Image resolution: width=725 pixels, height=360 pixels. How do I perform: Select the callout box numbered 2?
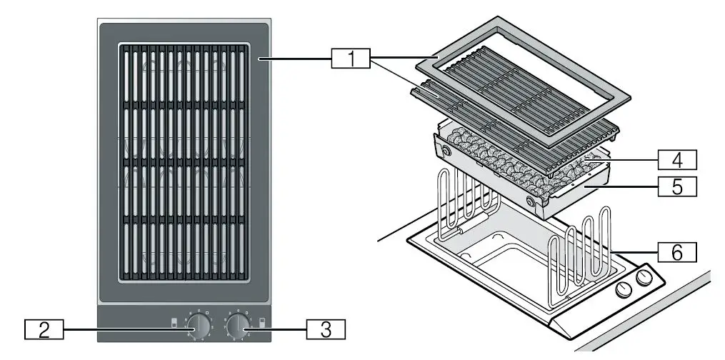click(44, 329)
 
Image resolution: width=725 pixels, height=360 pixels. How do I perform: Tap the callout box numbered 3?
click(326, 329)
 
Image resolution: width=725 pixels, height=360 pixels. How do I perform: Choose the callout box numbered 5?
click(677, 187)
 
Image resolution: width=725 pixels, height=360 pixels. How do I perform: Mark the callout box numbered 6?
click(677, 251)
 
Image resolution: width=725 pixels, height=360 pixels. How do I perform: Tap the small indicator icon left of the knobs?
click(174, 324)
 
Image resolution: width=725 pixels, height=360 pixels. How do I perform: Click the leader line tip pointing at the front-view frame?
click(260, 60)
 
